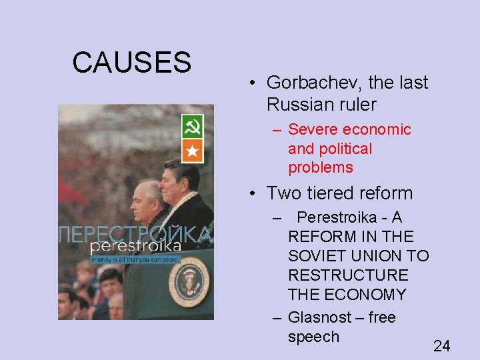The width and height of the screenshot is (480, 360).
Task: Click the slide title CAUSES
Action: [x=131, y=63]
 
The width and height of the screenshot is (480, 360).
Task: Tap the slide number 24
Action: [x=441, y=345]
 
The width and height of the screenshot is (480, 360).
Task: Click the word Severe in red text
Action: [x=313, y=129]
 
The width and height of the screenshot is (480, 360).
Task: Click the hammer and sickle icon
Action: [x=192, y=127]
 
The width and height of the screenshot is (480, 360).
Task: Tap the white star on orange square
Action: [x=192, y=150]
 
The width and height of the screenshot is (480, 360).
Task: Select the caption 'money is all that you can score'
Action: [x=135, y=259]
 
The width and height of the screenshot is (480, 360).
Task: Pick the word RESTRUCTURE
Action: [x=348, y=275]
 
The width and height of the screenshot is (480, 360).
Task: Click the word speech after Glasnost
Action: [x=313, y=337]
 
